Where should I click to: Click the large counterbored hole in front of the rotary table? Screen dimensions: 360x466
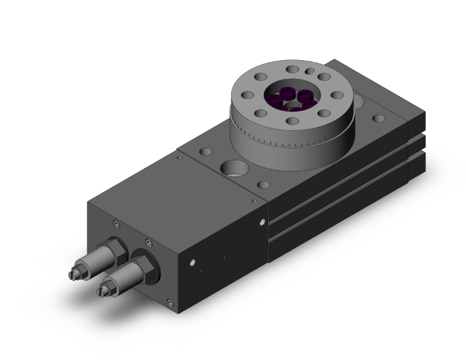click(234, 168)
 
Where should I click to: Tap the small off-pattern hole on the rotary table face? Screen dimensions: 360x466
click(309, 72)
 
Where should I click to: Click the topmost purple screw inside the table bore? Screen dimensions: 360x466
click(287, 92)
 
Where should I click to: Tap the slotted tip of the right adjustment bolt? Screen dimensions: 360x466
click(103, 291)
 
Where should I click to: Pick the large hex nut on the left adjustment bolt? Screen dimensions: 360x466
click(116, 249)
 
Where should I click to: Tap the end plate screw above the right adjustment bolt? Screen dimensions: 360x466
click(148, 242)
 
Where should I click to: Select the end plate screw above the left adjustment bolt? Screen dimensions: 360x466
click(116, 225)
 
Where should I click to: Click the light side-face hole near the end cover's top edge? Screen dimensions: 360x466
click(262, 220)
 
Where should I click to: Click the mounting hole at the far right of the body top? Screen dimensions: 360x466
click(380, 118)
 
